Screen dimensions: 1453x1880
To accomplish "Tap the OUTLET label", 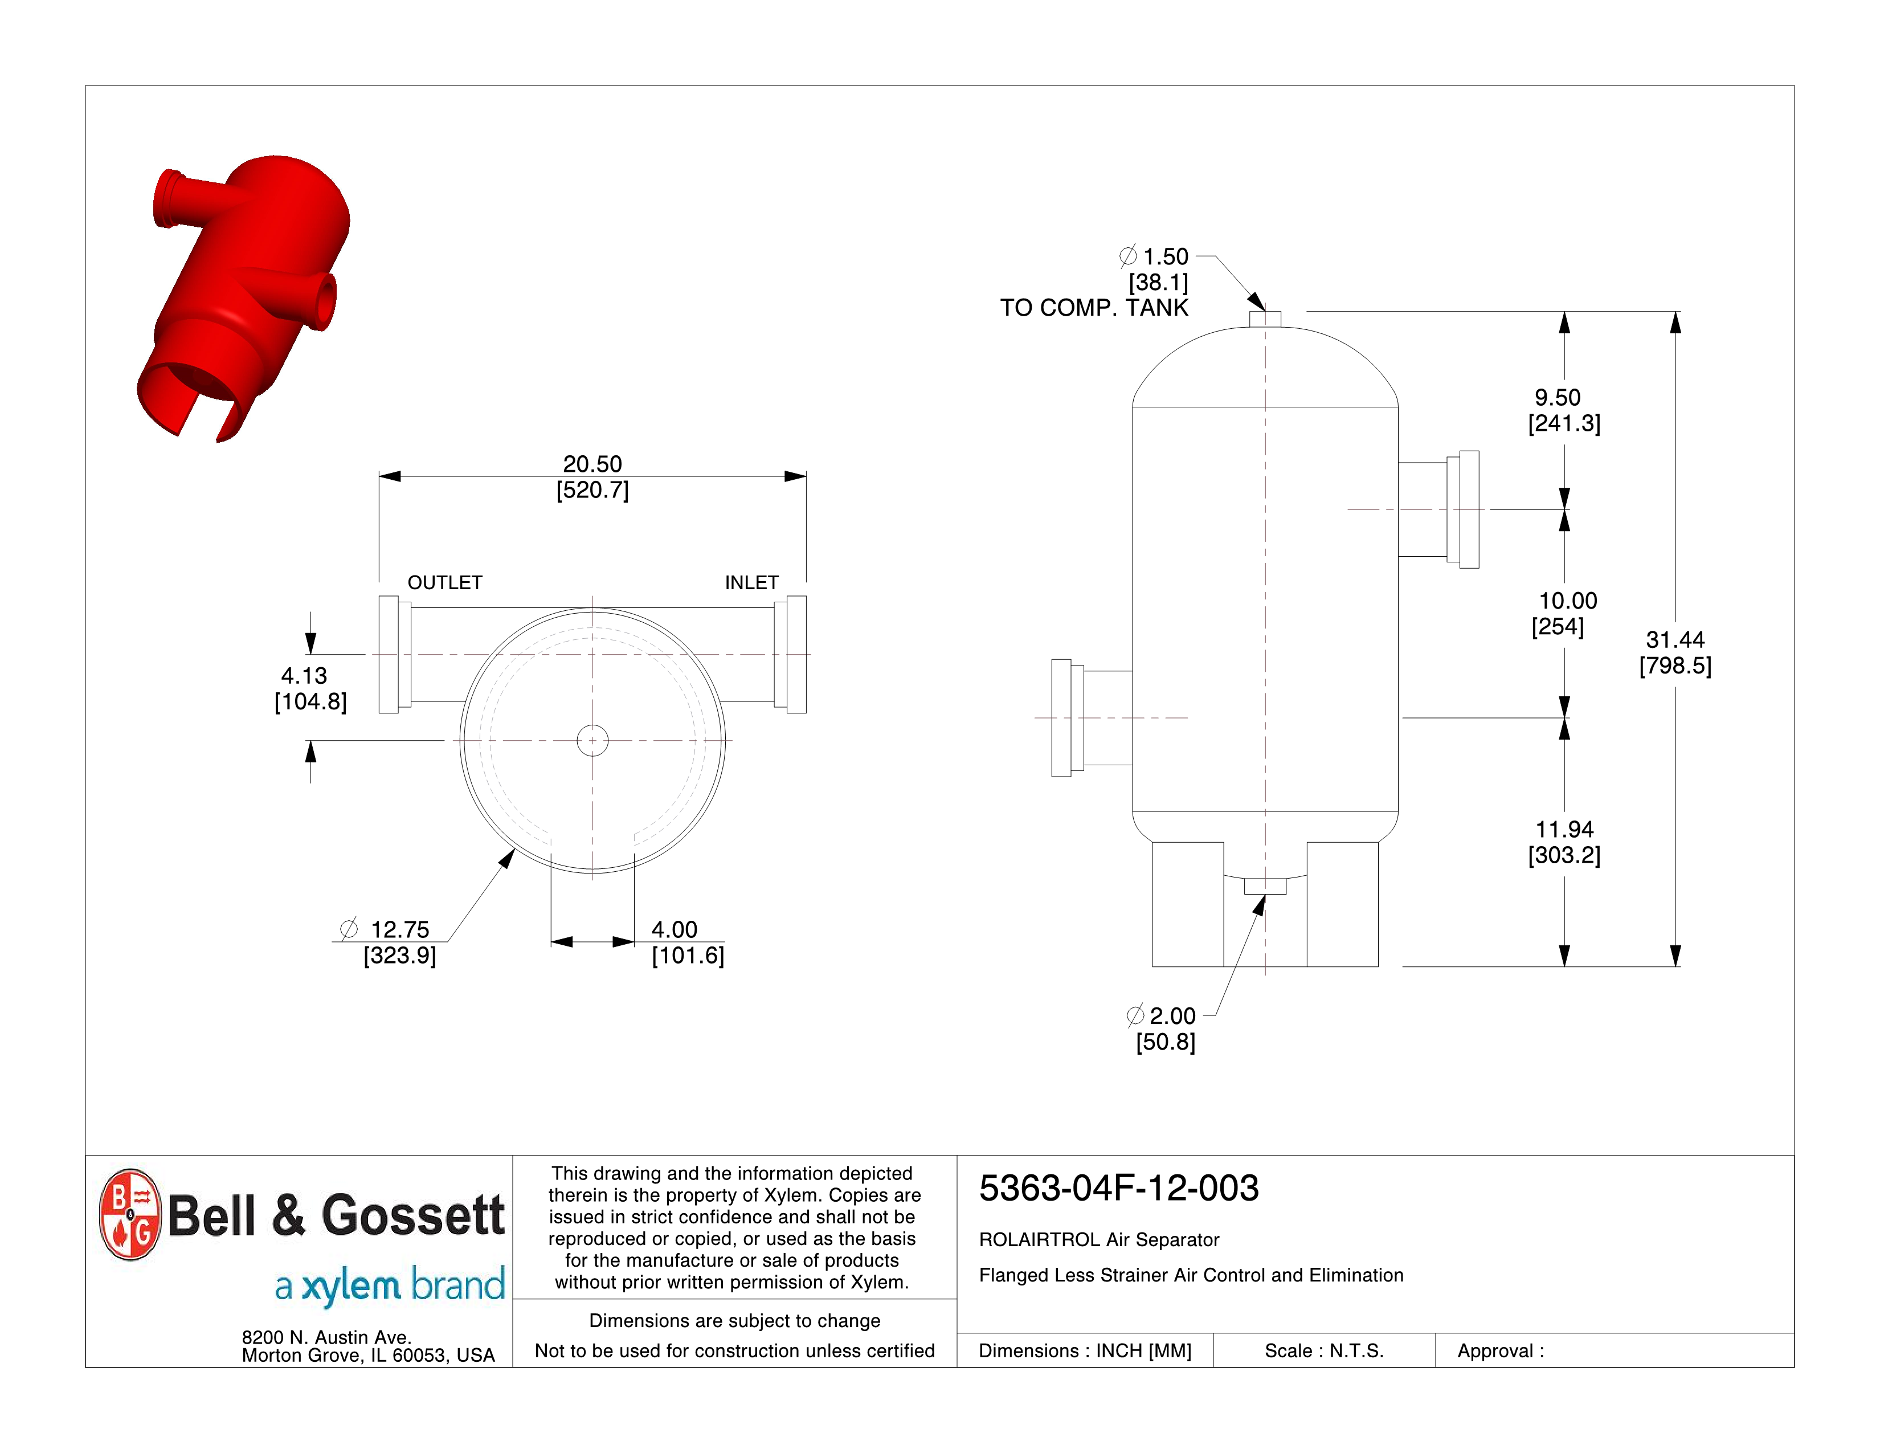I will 444,583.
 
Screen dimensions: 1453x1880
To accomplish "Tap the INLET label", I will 751,583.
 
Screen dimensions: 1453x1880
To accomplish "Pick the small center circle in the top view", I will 592,740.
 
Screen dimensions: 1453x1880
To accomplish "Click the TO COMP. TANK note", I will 1093,308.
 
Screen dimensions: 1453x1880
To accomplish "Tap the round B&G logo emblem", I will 130,1215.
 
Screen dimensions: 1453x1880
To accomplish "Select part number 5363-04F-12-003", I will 1118,1189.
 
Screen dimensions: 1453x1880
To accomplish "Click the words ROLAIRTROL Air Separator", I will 1098,1239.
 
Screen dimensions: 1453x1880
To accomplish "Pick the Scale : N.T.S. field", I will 1323,1350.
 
